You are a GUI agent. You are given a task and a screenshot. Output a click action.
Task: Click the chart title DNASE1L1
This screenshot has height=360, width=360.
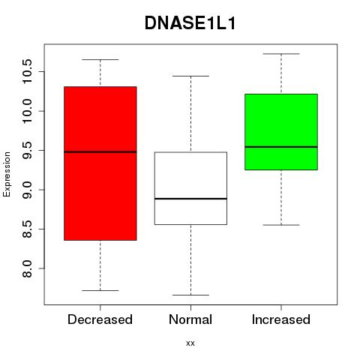click(190, 23)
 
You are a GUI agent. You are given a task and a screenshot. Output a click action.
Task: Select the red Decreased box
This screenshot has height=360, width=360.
click(100, 163)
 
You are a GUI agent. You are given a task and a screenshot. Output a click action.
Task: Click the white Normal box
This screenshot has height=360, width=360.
click(190, 188)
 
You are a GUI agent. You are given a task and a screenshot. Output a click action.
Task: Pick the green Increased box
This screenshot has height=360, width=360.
click(281, 132)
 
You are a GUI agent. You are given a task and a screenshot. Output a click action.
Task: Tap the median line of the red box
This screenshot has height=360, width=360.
click(100, 151)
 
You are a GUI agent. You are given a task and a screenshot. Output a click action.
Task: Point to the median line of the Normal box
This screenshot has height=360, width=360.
click(190, 199)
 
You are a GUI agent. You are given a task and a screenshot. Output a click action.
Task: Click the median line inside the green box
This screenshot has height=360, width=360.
click(281, 147)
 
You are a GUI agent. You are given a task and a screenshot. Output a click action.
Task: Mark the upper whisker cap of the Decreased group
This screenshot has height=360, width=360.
click(100, 59)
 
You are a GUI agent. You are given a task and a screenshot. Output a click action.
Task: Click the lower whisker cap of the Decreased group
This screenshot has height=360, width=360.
click(100, 290)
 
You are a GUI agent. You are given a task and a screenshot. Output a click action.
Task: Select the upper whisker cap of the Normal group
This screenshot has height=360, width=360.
click(190, 76)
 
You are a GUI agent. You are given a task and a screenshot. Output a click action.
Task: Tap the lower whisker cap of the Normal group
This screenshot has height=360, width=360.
click(190, 295)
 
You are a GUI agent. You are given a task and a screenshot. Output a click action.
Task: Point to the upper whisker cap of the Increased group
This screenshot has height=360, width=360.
click(281, 54)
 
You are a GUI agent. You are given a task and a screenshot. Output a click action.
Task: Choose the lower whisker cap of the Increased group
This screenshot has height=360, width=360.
click(281, 225)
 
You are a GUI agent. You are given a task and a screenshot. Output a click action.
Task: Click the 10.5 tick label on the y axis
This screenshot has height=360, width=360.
click(27, 71)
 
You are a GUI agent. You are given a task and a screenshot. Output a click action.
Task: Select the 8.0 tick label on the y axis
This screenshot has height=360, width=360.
click(27, 268)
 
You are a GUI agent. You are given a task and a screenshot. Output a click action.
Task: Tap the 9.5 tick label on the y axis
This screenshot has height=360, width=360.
click(27, 150)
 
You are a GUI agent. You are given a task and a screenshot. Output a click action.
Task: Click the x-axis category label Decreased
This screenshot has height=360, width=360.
click(100, 319)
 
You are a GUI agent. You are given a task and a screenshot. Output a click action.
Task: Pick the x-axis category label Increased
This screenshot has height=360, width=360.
click(281, 319)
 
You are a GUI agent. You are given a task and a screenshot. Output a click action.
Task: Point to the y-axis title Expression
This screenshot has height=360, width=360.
click(7, 174)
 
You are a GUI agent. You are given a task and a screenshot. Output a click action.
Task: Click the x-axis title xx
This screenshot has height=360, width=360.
click(190, 343)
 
